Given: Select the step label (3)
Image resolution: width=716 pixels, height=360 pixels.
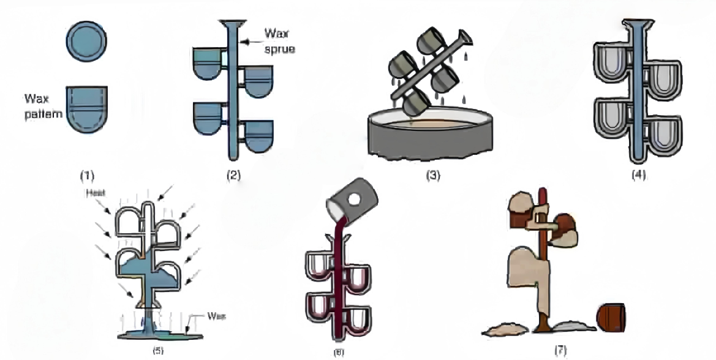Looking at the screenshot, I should [434, 175].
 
